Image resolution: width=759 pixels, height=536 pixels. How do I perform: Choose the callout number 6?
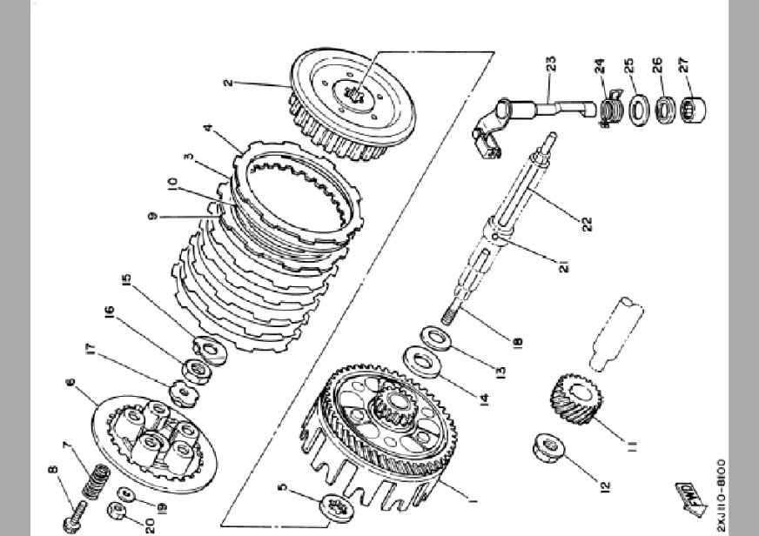coord(70,382)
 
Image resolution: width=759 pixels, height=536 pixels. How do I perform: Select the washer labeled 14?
coord(419,358)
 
